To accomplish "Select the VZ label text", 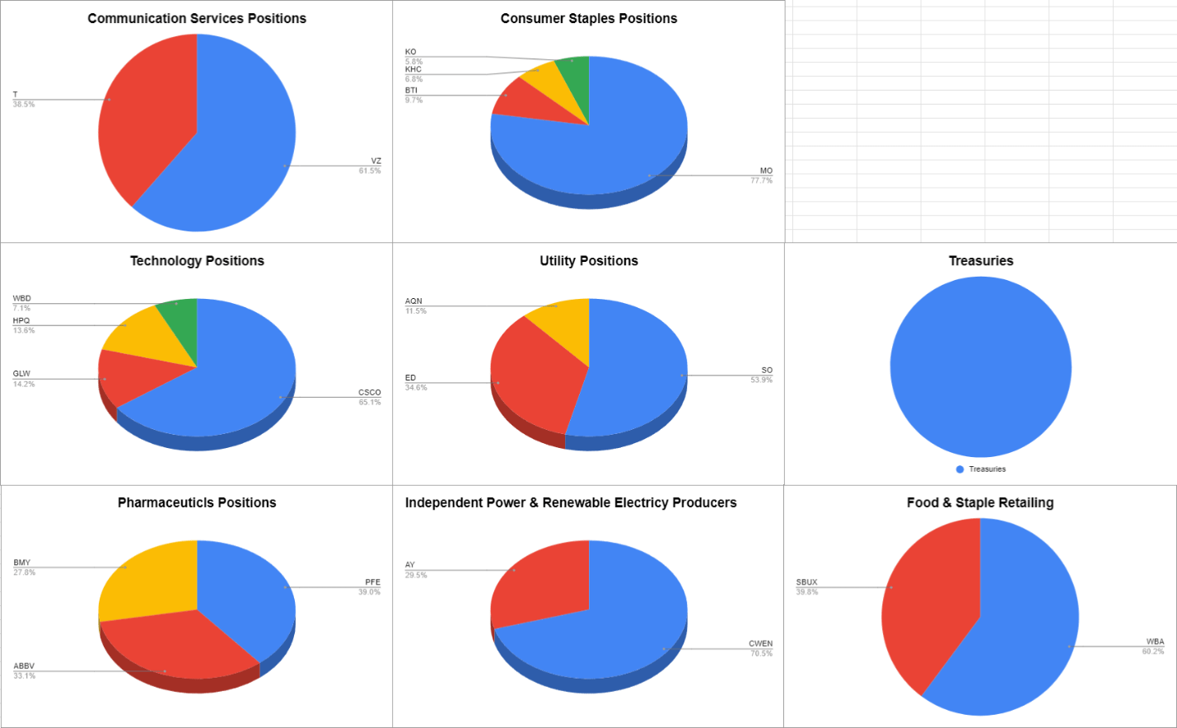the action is point(376,161).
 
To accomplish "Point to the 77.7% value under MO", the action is point(761,180).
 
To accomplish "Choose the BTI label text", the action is point(411,91).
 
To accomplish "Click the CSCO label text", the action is point(369,392).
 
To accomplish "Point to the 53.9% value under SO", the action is point(761,380).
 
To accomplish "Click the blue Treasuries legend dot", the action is point(960,469).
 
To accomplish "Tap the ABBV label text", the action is point(24,666).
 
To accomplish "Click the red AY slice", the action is point(541,583).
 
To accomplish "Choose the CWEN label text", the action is point(760,643).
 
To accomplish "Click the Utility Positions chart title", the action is point(588,260).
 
